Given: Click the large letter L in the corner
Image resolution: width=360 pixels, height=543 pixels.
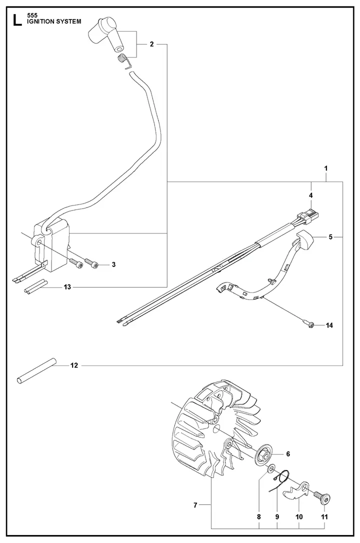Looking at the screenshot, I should (x=17, y=19).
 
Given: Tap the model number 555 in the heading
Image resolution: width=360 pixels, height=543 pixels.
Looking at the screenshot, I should (x=32, y=15).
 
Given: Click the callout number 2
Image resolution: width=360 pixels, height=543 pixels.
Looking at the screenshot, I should (x=151, y=44).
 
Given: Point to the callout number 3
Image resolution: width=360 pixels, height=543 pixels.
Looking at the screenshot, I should (x=113, y=264).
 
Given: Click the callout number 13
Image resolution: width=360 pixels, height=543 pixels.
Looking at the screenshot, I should (x=67, y=287).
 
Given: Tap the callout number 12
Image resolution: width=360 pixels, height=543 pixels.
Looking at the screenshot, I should (x=74, y=365).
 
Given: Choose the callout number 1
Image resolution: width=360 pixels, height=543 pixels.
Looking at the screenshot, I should (x=325, y=169).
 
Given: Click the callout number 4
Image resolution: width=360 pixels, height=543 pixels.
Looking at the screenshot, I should (x=310, y=195).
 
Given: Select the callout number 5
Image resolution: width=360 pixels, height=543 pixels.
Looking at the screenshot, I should (x=330, y=237).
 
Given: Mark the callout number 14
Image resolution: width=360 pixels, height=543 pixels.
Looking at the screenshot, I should (x=329, y=325).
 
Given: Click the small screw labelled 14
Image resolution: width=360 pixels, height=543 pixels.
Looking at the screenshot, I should (x=308, y=324).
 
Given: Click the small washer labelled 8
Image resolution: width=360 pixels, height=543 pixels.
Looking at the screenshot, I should (x=270, y=470).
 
